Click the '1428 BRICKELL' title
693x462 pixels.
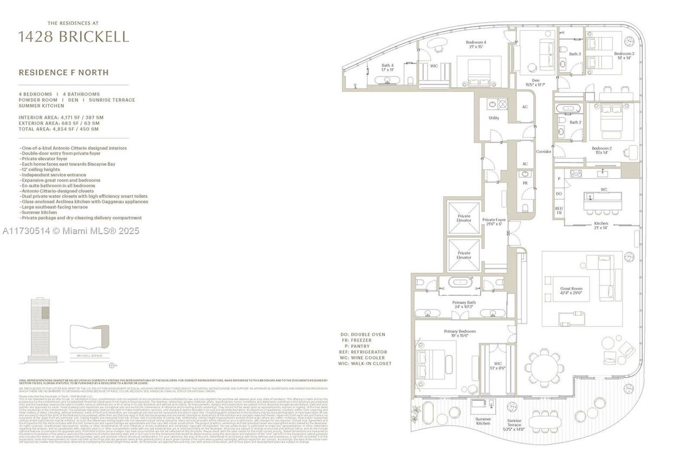[74, 37]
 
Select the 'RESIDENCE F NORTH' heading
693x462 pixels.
[63, 72]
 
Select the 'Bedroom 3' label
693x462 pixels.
[623, 55]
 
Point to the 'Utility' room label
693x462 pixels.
[493, 118]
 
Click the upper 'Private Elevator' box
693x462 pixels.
[463, 218]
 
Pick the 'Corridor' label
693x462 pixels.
[544, 152]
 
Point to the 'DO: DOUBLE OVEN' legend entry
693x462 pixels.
[368, 335]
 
